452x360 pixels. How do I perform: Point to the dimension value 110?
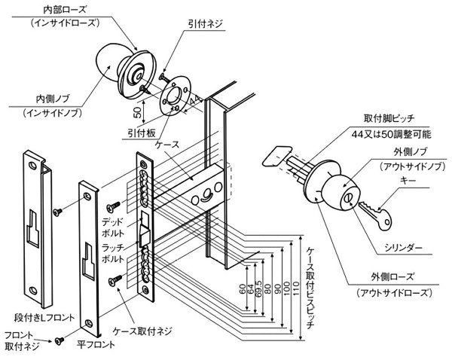(x=296, y=288)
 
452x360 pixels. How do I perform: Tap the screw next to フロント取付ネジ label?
(x=57, y=342)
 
